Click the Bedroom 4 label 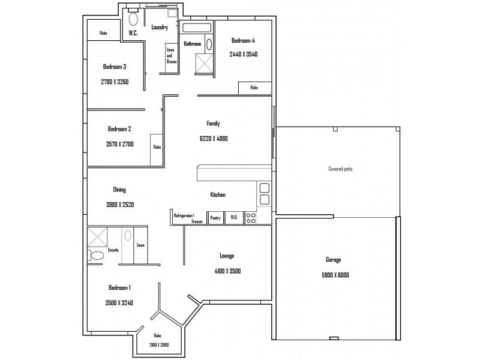243,40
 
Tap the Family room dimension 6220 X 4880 214,139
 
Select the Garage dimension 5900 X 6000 335,275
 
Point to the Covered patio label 340,169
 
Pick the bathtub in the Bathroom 197,28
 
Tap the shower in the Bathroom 204,64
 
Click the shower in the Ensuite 97,237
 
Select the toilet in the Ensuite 96,256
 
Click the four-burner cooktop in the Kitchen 251,218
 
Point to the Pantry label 215,218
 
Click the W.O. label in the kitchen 234,217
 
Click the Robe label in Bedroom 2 157,147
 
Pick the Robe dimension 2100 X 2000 159,345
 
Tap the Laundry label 160,27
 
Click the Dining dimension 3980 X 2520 120,205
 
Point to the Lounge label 227,256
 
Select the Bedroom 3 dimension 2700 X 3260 115,82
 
